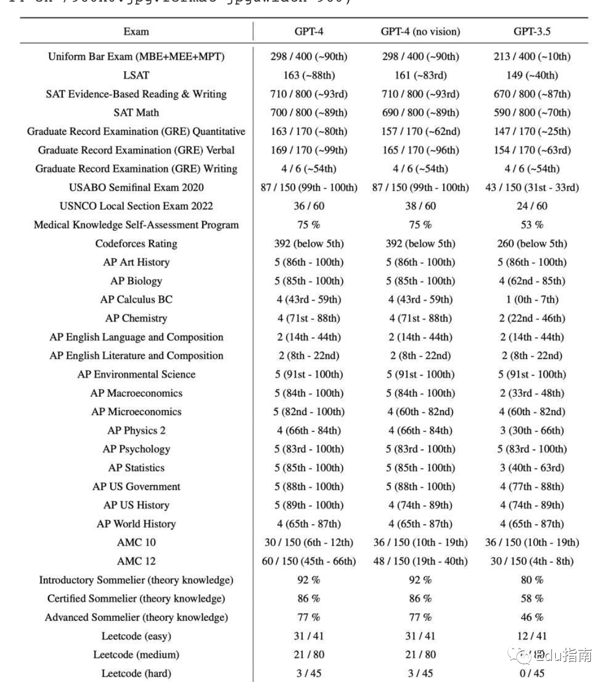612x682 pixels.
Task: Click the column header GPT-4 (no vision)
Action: pos(420,31)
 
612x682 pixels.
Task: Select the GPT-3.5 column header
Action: pos(532,31)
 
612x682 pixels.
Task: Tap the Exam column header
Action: pos(136,31)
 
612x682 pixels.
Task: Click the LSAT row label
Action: pos(136,75)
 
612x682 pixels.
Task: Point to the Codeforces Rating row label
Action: pos(136,244)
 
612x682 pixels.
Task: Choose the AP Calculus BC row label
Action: pos(136,299)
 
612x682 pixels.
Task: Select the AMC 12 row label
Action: pos(136,561)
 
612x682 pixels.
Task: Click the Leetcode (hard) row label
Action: pos(136,673)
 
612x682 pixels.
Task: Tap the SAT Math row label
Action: pos(136,113)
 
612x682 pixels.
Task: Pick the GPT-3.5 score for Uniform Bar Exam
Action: pos(532,56)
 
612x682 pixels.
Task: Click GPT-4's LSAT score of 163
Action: pos(309,75)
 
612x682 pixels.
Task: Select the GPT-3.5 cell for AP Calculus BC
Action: pos(532,299)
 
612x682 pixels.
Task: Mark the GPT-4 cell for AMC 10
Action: pos(309,542)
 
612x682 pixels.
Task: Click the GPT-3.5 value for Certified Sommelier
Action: pos(532,599)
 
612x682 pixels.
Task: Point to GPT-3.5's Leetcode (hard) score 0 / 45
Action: pos(532,673)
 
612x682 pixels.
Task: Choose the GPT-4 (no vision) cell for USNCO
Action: pos(420,206)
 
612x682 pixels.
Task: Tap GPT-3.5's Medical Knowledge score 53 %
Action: pos(532,225)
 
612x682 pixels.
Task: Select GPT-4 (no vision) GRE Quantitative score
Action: pos(420,132)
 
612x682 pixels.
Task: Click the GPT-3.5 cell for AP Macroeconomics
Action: pos(532,393)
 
